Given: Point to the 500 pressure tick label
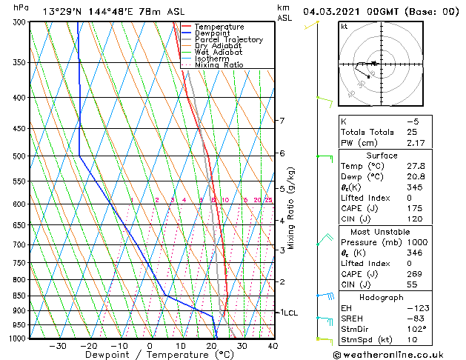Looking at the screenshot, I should click(x=19, y=156).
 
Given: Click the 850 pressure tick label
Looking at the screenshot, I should click(x=19, y=296).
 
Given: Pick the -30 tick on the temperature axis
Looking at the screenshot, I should click(x=58, y=346).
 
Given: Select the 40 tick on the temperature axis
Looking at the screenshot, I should click(x=273, y=346).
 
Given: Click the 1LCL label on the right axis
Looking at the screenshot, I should click(x=287, y=313).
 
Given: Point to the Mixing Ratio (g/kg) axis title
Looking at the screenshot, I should click(x=291, y=208).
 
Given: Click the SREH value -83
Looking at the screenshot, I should click(x=411, y=319).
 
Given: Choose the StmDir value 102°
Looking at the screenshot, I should click(x=413, y=329).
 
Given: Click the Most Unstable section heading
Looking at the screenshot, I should click(x=382, y=231).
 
